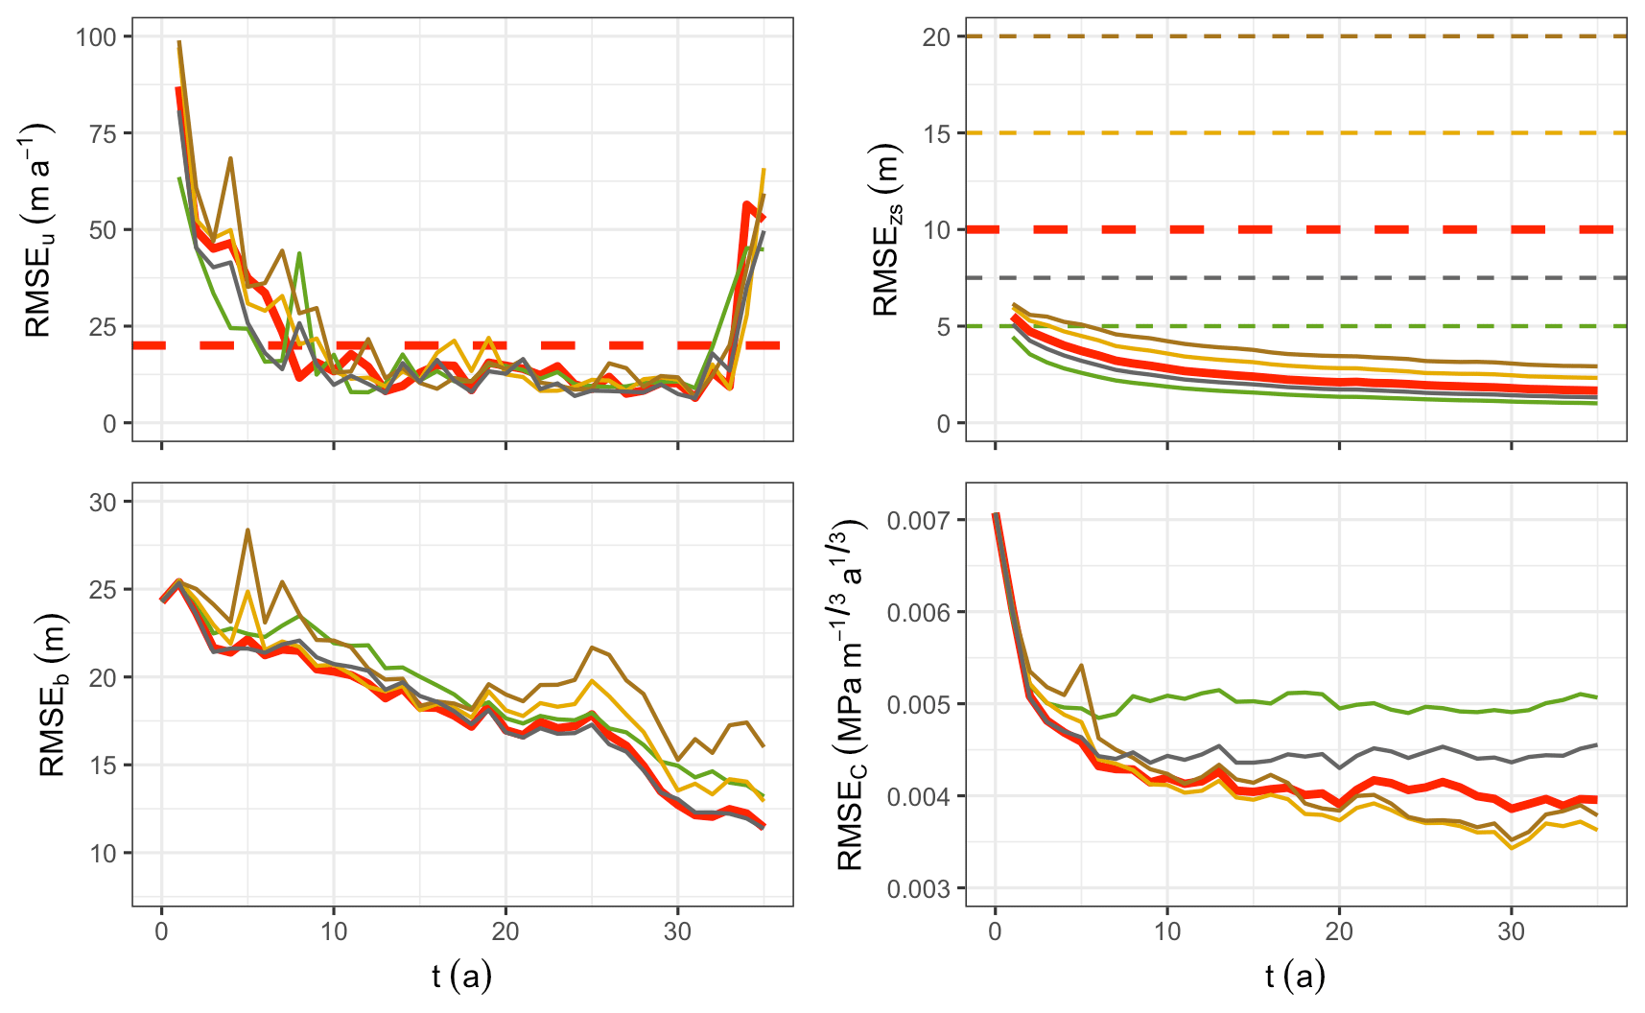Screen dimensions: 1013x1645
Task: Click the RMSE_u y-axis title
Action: pyautogui.click(x=38, y=230)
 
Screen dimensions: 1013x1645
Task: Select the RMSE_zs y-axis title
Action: pyautogui.click(x=886, y=230)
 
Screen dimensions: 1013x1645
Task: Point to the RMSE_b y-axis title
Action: pyautogui.click(x=53, y=694)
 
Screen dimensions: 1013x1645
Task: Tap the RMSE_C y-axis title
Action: pyautogui.click(x=852, y=694)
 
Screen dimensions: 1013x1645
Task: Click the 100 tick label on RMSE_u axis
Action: pyautogui.click(x=96, y=36)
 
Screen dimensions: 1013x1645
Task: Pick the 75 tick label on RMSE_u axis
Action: pyautogui.click(x=103, y=133)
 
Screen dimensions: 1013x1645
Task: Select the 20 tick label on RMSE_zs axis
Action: pyautogui.click(x=936, y=36)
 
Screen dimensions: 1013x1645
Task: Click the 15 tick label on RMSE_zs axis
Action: pyautogui.click(x=936, y=133)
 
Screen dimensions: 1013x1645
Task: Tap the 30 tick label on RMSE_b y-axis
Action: pyautogui.click(x=103, y=503)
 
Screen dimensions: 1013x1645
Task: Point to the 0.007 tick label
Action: pyautogui.click(x=919, y=520)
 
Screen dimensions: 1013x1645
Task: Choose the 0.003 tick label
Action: pyautogui.click(x=919, y=888)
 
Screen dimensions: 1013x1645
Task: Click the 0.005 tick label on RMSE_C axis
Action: pyautogui.click(x=919, y=704)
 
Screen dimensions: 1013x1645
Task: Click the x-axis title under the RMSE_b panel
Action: pyautogui.click(x=461, y=977)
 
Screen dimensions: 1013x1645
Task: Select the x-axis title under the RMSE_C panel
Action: pyautogui.click(x=1295, y=977)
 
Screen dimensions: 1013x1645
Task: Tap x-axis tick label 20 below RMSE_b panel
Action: pyautogui.click(x=505, y=931)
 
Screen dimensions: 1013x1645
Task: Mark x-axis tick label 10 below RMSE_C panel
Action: pyautogui.click(x=1166, y=931)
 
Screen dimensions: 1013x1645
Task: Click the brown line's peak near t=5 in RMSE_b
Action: pyautogui.click(x=247, y=530)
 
